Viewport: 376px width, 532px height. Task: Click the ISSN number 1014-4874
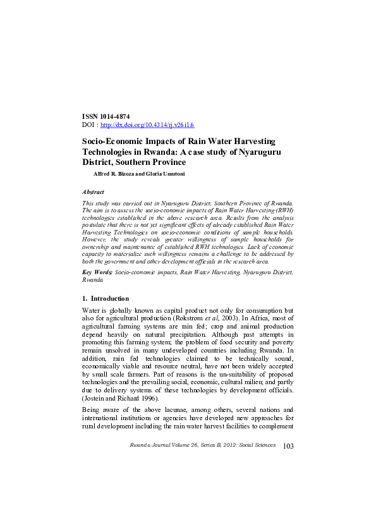(114, 118)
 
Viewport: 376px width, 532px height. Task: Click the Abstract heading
(94, 191)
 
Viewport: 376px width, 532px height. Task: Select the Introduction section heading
(110, 298)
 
